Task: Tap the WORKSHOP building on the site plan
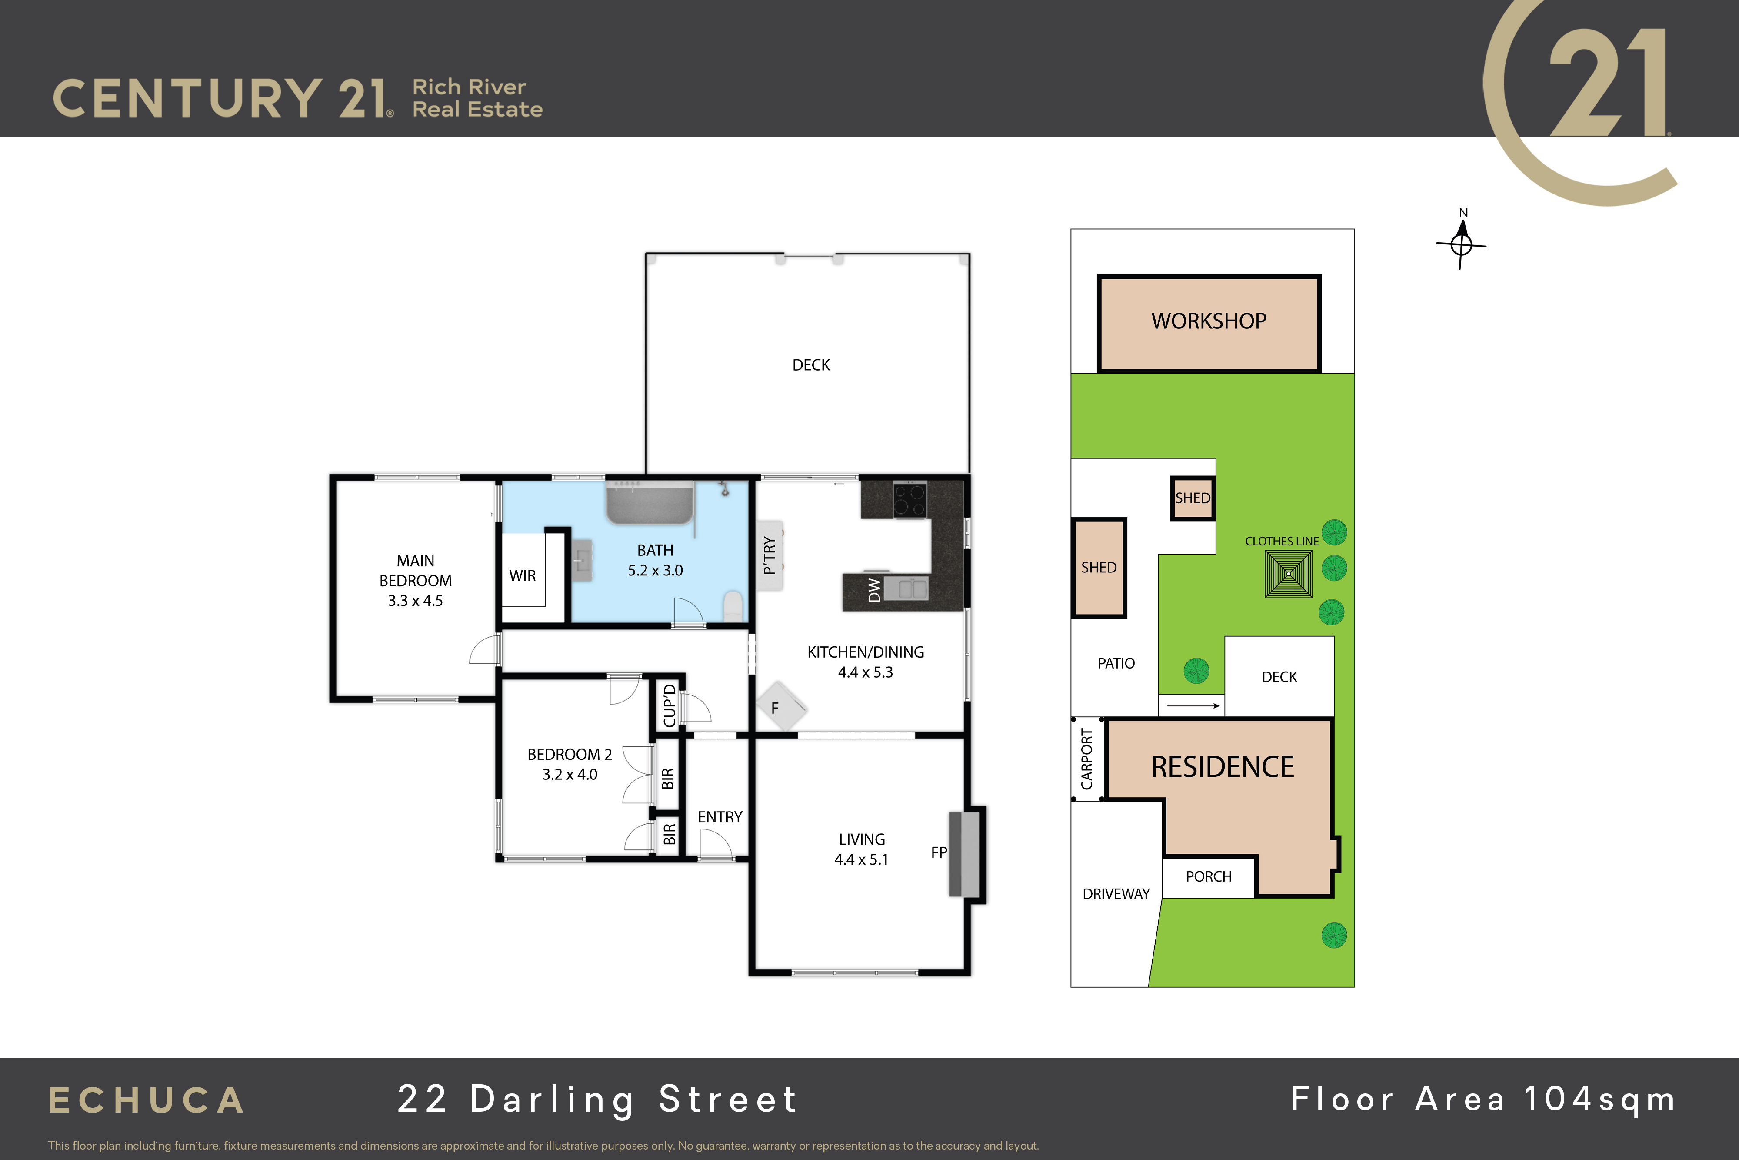tap(1209, 323)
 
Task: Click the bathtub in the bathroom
tap(650, 503)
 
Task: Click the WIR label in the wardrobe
tap(523, 575)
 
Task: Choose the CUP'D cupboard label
tap(669, 706)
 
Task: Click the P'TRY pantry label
tap(770, 555)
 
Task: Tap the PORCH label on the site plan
tap(1209, 877)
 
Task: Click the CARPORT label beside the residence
tap(1087, 759)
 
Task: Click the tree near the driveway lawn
tap(1334, 935)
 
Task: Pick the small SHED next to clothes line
tap(1193, 498)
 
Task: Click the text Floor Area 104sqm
tap(1483, 1100)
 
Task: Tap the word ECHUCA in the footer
tap(147, 1101)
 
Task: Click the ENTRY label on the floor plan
tap(720, 817)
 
